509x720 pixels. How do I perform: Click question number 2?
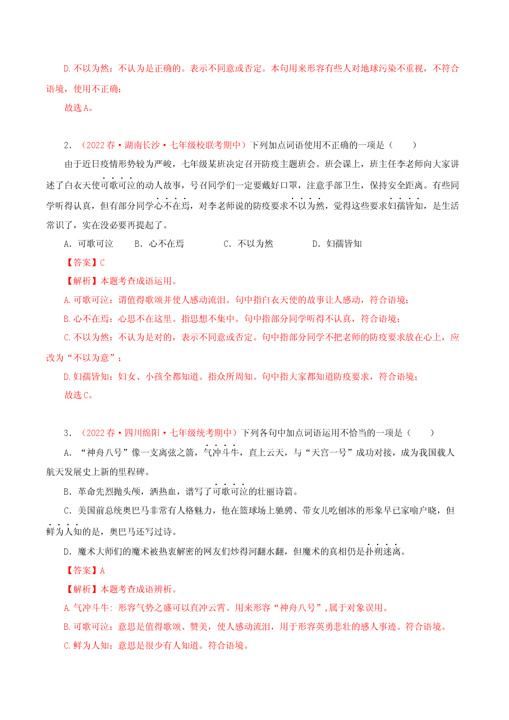68,145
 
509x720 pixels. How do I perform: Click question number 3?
68,433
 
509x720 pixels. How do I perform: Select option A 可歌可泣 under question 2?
89,244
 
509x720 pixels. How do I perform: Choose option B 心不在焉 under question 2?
159,244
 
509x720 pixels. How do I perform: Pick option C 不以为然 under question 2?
248,244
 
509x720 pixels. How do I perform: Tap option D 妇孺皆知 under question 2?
337,244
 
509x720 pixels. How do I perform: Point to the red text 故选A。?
79,108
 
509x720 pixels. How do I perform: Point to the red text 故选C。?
79,395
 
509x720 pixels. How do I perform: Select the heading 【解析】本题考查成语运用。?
121,281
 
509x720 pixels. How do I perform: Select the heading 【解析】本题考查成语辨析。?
121,589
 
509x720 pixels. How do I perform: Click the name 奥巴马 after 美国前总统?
137,511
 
